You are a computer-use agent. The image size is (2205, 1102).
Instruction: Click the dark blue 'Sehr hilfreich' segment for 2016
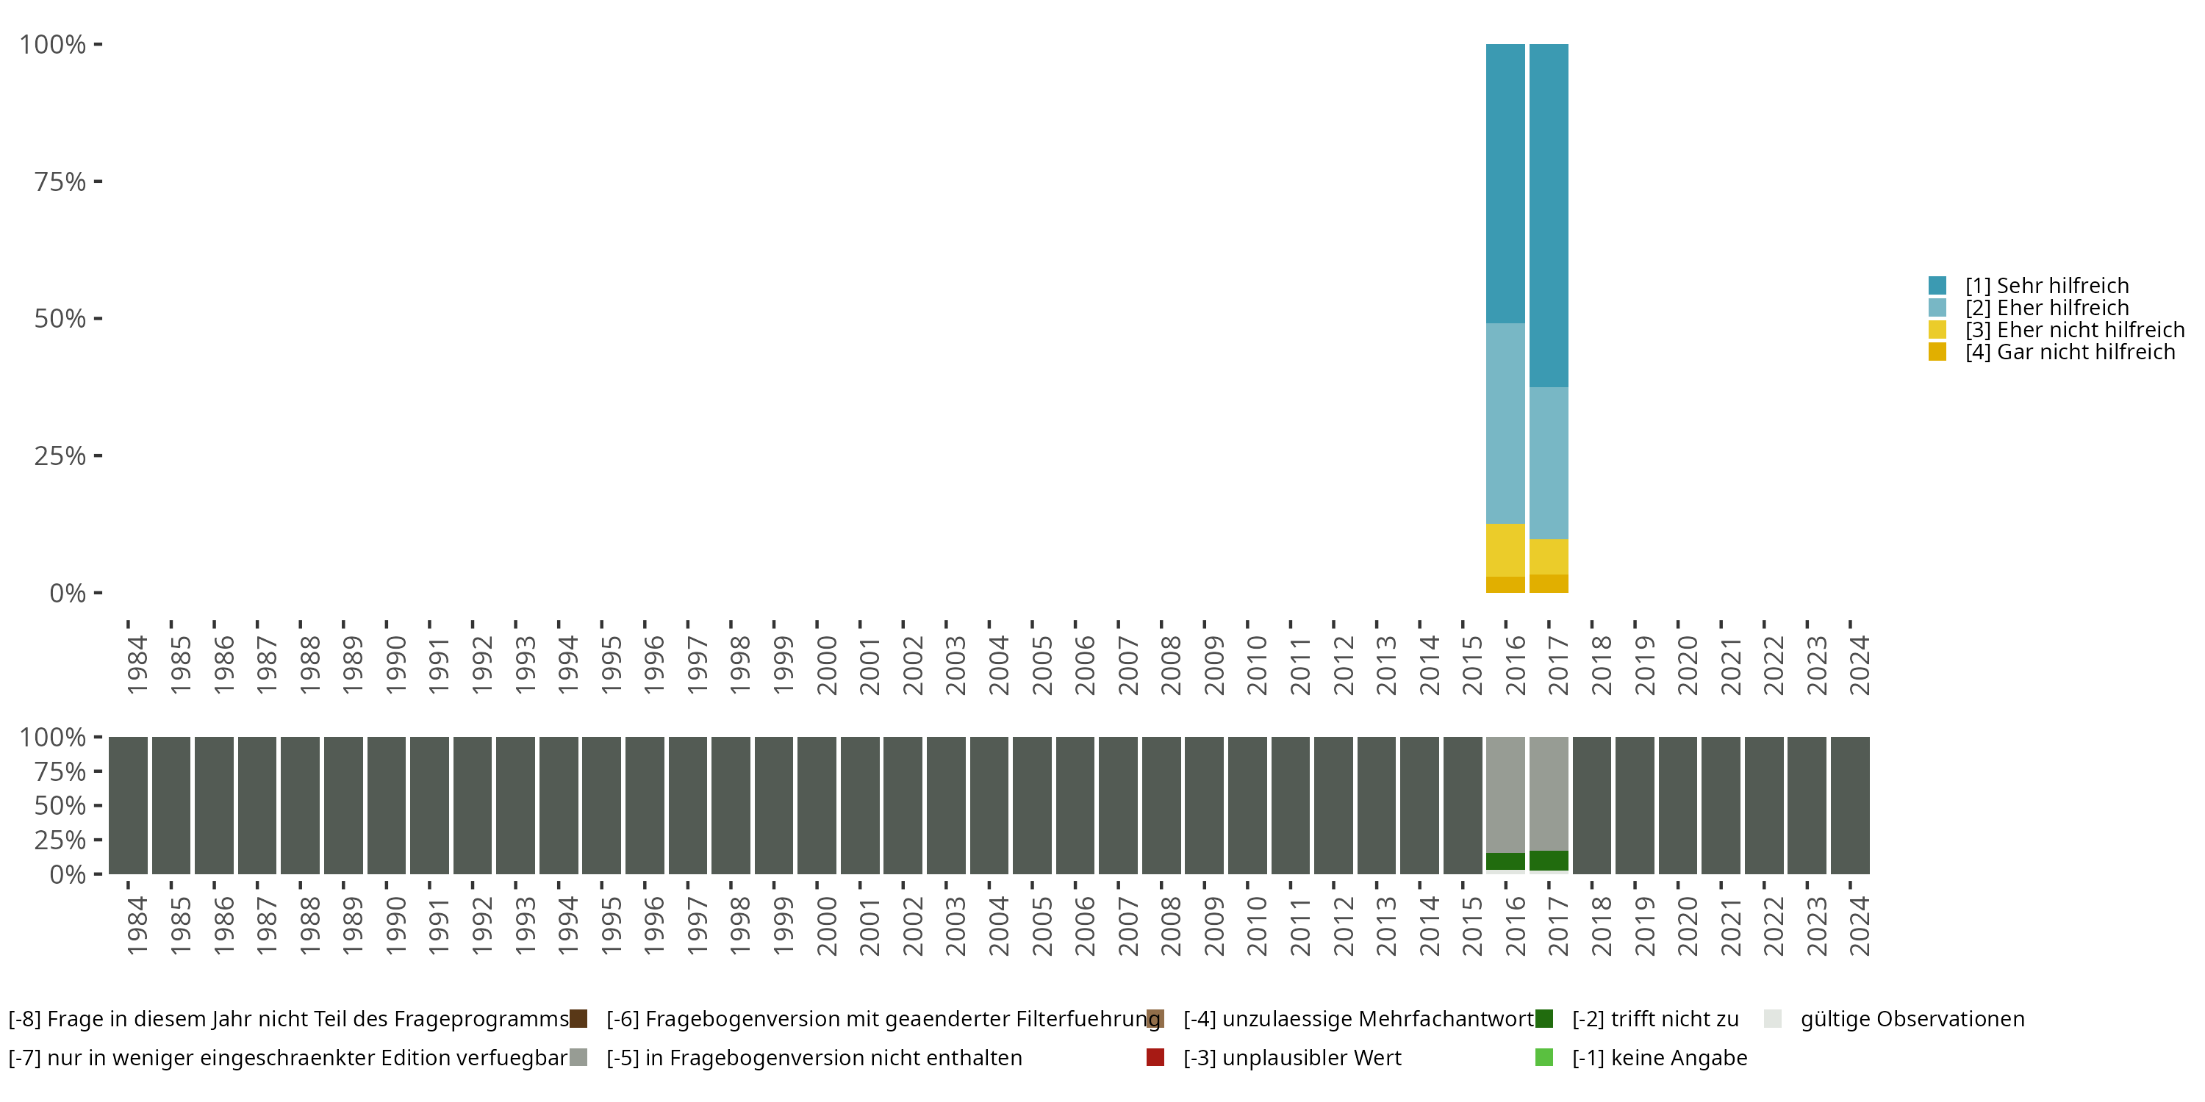1505,183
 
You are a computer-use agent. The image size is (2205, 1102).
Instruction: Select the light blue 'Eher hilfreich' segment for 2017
1549,463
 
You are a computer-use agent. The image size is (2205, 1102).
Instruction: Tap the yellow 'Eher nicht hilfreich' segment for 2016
1505,550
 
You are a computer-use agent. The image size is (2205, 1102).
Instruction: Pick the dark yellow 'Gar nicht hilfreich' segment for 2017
1549,583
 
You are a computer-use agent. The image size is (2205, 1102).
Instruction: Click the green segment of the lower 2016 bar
1505,861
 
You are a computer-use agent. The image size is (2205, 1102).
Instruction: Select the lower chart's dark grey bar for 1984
129,805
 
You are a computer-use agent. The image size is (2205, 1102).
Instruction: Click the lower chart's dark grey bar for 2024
1850,805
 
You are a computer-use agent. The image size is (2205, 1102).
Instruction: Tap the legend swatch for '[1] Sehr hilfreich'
1937,286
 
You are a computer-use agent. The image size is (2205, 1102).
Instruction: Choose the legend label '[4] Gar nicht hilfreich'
2070,353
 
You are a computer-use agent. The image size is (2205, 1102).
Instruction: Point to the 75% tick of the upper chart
98,181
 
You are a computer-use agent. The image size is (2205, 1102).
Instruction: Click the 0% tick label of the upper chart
68,593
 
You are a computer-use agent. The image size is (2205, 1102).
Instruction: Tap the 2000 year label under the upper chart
826,666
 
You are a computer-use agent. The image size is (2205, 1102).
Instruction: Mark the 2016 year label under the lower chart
1515,926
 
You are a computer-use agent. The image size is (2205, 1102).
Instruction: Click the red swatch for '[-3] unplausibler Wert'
1155,1057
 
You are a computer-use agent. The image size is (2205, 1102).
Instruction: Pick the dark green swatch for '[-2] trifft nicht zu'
1544,1019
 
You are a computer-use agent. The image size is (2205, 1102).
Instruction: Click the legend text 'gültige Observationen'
1912,1019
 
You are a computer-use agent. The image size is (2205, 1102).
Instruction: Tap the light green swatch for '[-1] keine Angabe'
1544,1057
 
